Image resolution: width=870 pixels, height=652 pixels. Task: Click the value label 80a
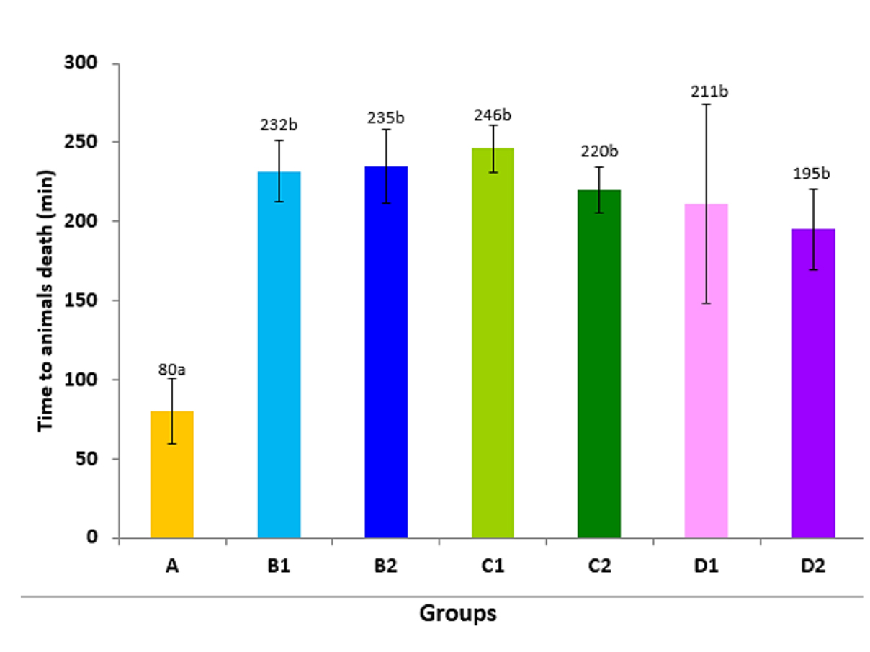[172, 370]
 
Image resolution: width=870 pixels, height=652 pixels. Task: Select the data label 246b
[493, 115]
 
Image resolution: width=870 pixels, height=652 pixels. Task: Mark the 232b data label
[279, 125]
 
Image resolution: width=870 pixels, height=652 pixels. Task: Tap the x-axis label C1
[493, 566]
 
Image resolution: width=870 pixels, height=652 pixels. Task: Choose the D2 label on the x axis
[813, 566]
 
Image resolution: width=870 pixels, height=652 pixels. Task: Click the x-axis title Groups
[458, 614]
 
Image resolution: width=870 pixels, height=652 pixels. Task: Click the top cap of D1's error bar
[707, 104]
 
